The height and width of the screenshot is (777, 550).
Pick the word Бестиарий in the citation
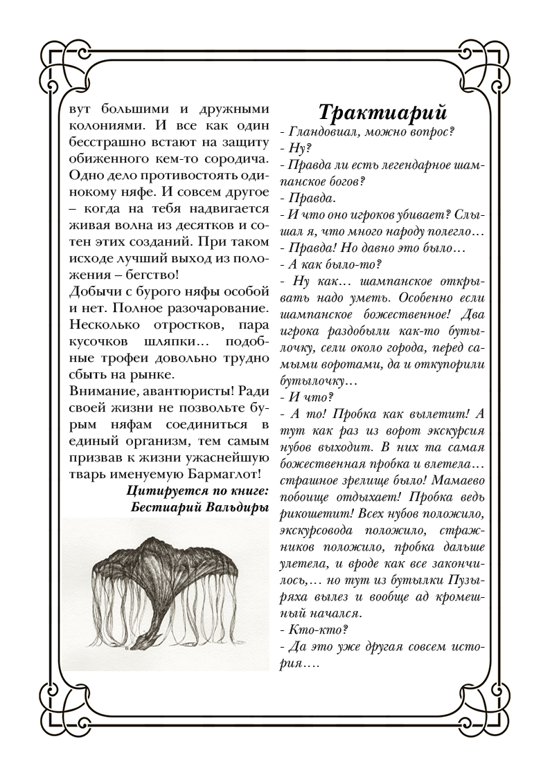tap(167, 507)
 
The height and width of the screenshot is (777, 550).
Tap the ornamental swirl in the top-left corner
tap(59, 66)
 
